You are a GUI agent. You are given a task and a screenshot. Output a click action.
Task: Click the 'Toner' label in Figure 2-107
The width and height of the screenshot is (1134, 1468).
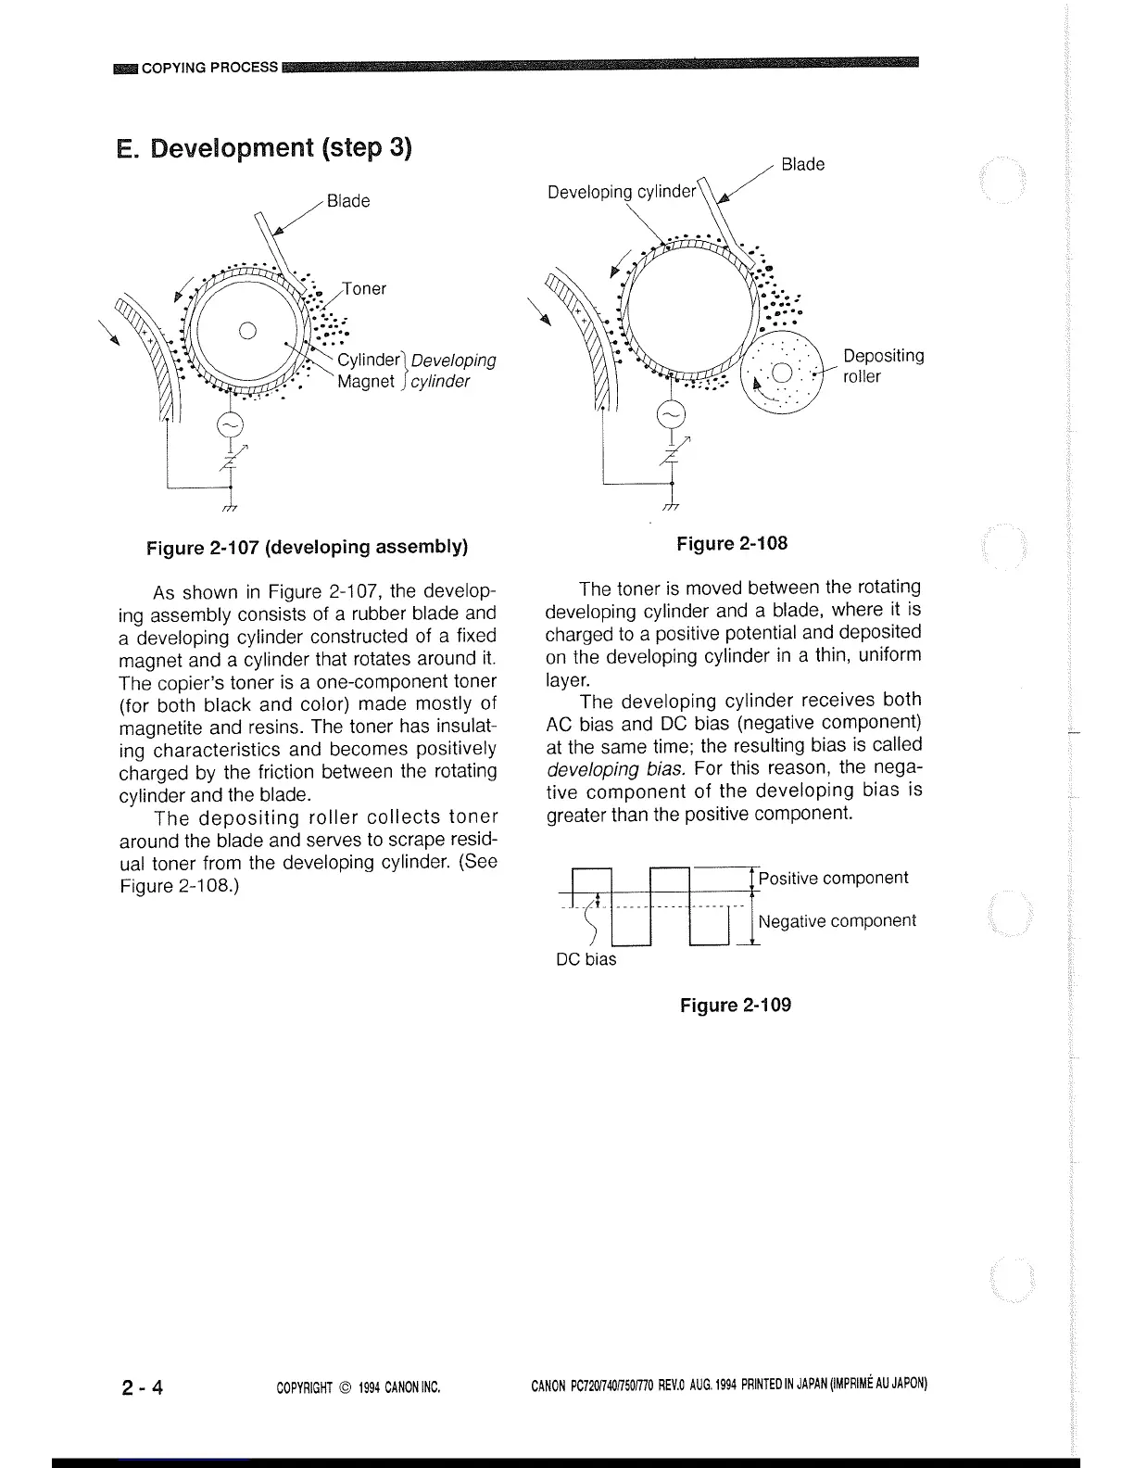pyautogui.click(x=364, y=289)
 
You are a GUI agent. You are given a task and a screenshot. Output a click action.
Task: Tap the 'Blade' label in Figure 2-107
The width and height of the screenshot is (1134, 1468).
pyautogui.click(x=348, y=201)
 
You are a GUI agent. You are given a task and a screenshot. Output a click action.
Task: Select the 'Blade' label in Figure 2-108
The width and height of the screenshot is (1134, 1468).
pyautogui.click(x=802, y=165)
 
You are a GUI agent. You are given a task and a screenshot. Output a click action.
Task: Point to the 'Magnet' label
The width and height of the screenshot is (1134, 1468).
pyautogui.click(x=366, y=382)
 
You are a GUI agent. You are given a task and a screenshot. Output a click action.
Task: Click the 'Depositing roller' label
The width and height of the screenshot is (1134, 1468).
pyautogui.click(x=883, y=366)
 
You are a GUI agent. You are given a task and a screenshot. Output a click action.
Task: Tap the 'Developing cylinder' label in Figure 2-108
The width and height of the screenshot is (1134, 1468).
pyautogui.click(x=621, y=192)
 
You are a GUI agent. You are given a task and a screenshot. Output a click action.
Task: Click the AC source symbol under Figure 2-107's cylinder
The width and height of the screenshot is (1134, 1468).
pyautogui.click(x=229, y=425)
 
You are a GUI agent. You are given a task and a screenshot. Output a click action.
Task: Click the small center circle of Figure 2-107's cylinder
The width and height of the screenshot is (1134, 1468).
pyautogui.click(x=246, y=329)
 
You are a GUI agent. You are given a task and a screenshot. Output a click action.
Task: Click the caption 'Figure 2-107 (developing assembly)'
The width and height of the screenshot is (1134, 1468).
pyautogui.click(x=307, y=547)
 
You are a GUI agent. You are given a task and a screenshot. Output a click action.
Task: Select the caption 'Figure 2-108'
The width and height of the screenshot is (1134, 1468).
pyautogui.click(x=732, y=543)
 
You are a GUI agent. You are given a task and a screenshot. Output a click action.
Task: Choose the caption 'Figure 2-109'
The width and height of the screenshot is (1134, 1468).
pyautogui.click(x=736, y=1006)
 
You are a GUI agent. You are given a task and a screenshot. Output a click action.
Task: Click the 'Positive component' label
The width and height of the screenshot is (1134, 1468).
pyautogui.click(x=833, y=878)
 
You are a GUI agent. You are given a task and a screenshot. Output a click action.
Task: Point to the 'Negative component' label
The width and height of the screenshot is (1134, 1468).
pyautogui.click(x=837, y=920)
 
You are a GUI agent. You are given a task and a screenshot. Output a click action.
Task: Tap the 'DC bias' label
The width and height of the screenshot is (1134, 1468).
pyautogui.click(x=586, y=959)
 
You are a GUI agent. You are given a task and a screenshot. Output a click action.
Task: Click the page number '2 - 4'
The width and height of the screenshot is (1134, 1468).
pyautogui.click(x=142, y=1387)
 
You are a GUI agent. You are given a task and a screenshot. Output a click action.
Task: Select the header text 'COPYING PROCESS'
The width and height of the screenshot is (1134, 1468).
pyautogui.click(x=209, y=67)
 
